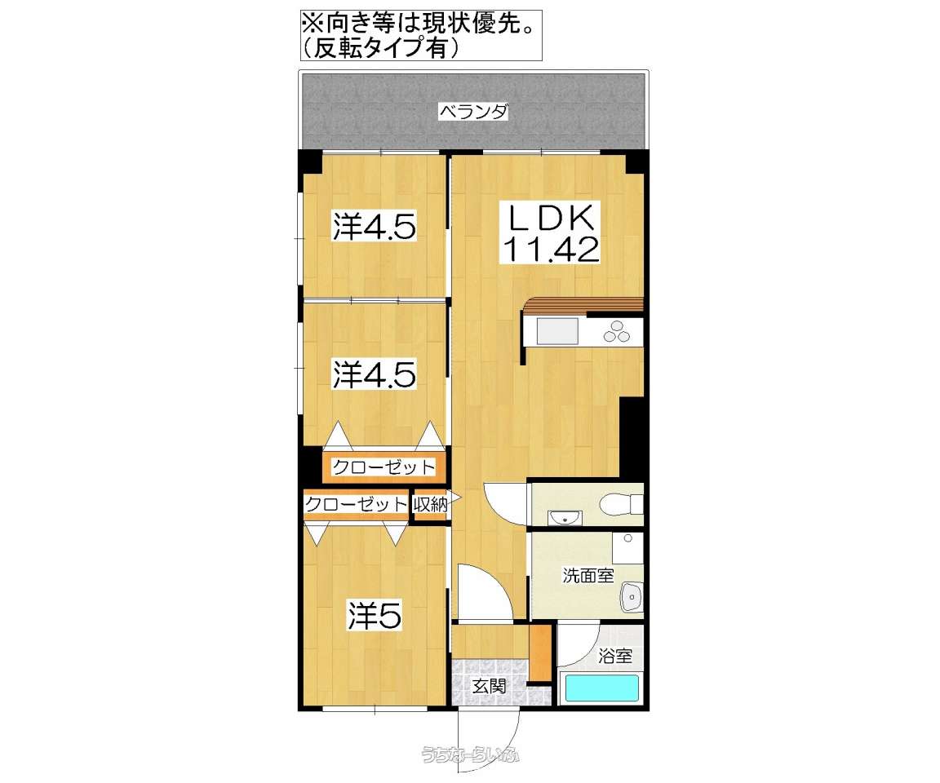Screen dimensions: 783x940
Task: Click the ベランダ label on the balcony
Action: [473, 112]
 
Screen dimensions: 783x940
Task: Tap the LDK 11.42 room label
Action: [551, 232]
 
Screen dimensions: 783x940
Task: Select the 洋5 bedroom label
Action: [375, 617]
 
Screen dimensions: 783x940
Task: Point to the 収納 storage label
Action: [430, 505]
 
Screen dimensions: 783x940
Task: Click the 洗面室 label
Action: [587, 575]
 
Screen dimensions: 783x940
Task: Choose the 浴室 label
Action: [614, 655]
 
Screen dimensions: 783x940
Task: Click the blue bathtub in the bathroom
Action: [601, 688]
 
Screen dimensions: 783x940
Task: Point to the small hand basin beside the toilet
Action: [563, 516]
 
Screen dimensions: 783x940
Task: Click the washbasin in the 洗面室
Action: [632, 598]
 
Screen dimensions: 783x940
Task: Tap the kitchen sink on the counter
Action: [556, 332]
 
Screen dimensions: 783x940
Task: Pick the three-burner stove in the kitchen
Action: [617, 332]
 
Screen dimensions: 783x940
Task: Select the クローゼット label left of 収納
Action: [356, 505]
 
